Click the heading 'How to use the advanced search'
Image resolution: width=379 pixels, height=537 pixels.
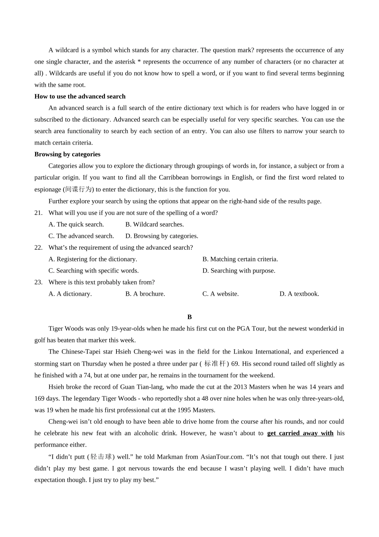pyautogui.click(x=80, y=96)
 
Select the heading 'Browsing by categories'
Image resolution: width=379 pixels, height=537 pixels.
pyautogui.click(x=67, y=154)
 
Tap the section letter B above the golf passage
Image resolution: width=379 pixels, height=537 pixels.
pyautogui.click(x=189, y=317)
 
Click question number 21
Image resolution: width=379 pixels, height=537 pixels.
pyautogui.click(x=38, y=213)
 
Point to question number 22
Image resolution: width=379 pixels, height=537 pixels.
pyautogui.click(x=38, y=247)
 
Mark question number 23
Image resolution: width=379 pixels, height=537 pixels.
pyautogui.click(x=38, y=282)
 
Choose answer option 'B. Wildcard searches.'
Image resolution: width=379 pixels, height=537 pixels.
pyautogui.click(x=154, y=224)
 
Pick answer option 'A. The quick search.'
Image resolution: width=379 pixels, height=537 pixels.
pyautogui.click(x=76, y=224)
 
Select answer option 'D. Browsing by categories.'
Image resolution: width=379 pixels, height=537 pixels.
pyautogui.click(x=162, y=236)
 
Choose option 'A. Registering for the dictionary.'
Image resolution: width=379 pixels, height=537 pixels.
pyautogui.click(x=93, y=259)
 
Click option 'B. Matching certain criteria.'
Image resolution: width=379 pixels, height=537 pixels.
pyautogui.click(x=240, y=259)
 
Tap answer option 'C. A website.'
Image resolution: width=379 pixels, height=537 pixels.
pyautogui.click(x=221, y=294)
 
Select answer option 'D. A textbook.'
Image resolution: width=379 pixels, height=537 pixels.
pyautogui.click(x=299, y=294)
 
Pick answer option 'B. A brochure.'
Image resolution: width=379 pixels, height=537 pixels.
pyautogui.click(x=145, y=294)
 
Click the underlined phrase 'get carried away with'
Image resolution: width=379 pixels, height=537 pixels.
pyautogui.click(x=300, y=433)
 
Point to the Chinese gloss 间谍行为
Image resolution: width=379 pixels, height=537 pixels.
pyautogui.click(x=79, y=189)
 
